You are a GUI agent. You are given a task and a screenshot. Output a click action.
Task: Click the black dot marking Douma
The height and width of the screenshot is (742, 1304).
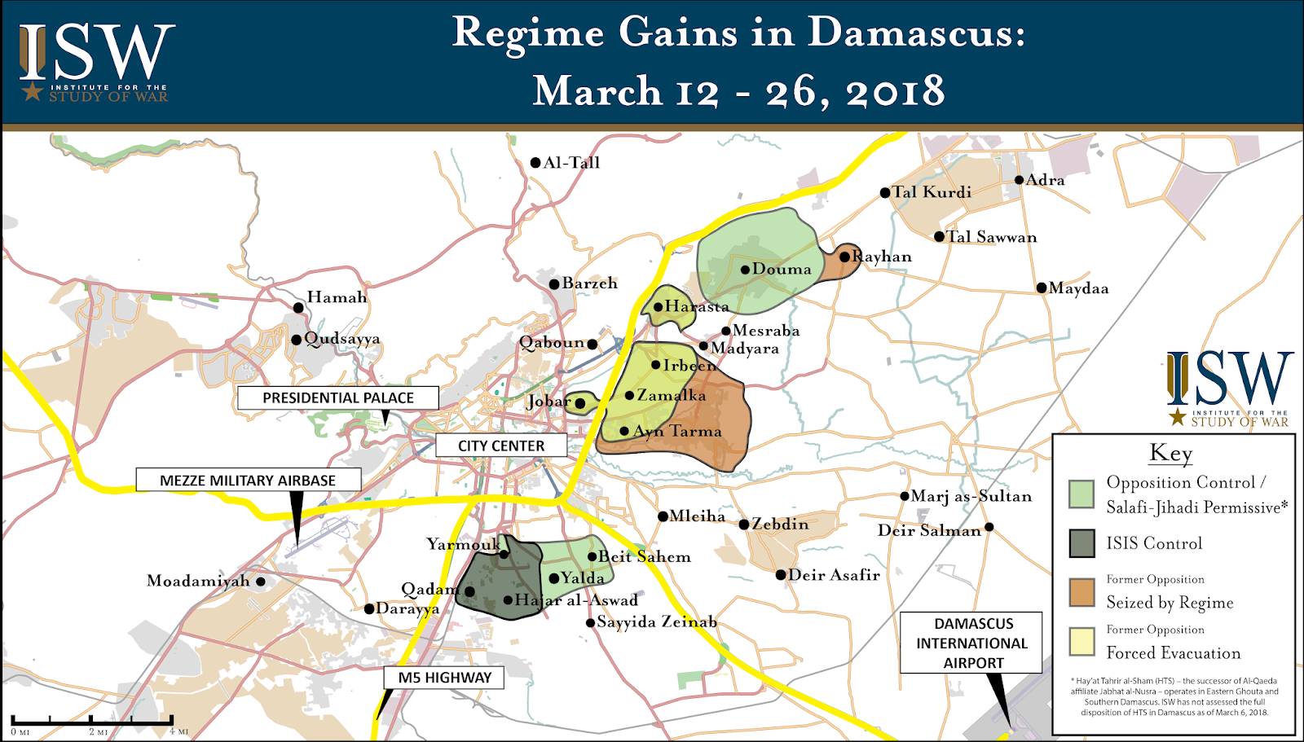[745, 270]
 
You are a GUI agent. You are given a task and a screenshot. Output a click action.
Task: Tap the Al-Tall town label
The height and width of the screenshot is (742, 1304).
[571, 163]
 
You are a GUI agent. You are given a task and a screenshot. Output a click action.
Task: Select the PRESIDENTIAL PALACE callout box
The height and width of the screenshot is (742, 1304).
[337, 397]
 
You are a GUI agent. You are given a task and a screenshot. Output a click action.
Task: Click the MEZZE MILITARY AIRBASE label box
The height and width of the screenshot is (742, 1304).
[248, 480]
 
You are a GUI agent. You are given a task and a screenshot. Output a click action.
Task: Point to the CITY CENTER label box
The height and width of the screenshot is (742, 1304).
[500, 446]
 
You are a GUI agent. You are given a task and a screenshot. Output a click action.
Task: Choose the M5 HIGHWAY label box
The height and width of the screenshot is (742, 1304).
[444, 678]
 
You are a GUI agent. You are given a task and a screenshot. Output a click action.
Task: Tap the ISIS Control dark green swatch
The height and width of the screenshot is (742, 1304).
[1082, 543]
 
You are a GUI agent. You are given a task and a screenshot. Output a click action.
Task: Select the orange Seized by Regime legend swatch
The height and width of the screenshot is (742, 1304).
[1082, 592]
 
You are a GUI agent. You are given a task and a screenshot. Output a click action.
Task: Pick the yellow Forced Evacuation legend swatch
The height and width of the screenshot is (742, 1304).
[1082, 642]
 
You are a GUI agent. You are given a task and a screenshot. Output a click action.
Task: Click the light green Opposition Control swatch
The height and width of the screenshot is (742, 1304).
[1082, 494]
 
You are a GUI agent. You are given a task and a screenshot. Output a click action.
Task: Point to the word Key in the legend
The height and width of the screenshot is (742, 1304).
[1170, 453]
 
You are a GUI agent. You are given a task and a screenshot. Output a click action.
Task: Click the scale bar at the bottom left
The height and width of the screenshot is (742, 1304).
[92, 721]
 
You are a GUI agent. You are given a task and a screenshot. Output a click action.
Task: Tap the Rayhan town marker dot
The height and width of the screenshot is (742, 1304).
[845, 257]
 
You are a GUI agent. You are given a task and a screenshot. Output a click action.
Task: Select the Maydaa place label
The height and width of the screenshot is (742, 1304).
[1078, 288]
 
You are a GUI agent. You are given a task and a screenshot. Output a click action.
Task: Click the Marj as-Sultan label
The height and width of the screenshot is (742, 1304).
[971, 496]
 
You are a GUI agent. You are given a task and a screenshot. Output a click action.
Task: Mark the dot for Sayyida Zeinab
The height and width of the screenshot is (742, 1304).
[591, 623]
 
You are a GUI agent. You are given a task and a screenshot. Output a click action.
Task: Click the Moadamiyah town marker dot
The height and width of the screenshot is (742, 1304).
[261, 582]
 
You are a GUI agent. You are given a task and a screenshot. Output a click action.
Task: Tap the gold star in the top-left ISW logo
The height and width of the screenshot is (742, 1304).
[32, 90]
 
